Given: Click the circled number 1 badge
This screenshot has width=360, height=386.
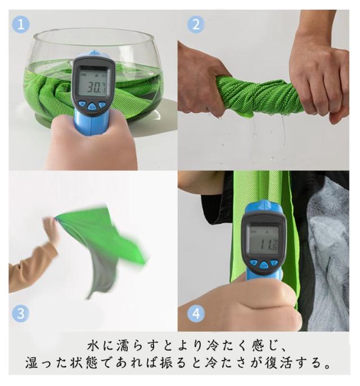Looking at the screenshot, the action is pyautogui.click(x=21, y=25).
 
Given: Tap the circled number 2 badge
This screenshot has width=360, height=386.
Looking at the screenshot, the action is pyautogui.click(x=196, y=25).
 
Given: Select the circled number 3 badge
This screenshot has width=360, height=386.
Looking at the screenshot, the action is pyautogui.click(x=21, y=313).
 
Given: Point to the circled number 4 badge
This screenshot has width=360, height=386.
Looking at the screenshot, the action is pyautogui.click(x=196, y=313).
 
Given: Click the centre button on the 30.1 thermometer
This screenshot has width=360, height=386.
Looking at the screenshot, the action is pyautogui.click(x=92, y=106).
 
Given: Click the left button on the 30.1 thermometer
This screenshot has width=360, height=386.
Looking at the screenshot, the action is pyautogui.click(x=82, y=104).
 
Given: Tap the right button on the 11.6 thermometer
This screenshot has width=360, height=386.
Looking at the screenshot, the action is pyautogui.click(x=274, y=263).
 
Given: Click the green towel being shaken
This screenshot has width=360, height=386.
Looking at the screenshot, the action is pyautogui.click(x=103, y=244).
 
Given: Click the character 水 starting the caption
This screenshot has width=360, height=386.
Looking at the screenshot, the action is pyautogui.click(x=93, y=345).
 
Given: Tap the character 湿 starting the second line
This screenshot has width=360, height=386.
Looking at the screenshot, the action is pyautogui.click(x=31, y=363).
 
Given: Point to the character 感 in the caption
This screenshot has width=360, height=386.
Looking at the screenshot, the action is pyautogui.click(x=258, y=345).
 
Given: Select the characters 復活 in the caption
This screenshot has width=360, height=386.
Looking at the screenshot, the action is pyautogui.click(x=280, y=363).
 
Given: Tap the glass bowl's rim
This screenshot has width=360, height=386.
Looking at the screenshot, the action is pyautogui.click(x=93, y=29).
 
